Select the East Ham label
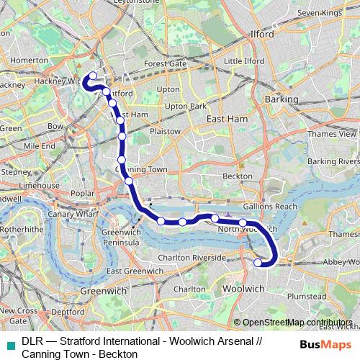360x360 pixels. click(223, 120)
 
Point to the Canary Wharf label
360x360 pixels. click(71, 214)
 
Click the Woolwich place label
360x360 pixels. click(246, 288)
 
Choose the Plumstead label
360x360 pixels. click(308, 295)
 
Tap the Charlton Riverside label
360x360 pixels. click(199, 256)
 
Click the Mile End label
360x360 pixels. click(39, 145)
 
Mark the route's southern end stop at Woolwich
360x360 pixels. click(258, 263)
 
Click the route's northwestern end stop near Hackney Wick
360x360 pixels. click(92, 76)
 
